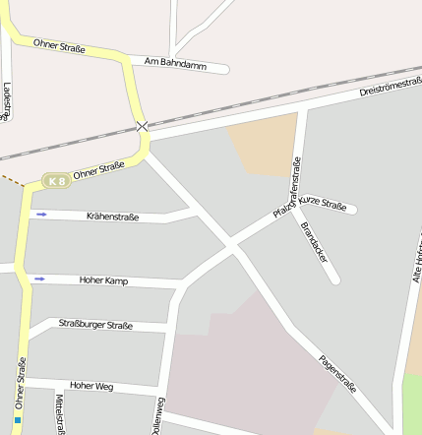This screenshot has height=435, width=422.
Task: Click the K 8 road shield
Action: click(58, 181)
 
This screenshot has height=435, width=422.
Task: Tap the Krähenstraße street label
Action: click(112, 217)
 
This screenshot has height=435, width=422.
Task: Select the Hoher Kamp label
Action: click(104, 280)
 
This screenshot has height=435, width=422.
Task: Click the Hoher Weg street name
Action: click(91, 387)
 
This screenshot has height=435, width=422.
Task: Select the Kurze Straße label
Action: click(325, 204)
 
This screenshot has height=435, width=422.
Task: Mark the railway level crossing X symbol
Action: click(144, 126)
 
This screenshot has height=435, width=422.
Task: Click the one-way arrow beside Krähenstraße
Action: click(41, 214)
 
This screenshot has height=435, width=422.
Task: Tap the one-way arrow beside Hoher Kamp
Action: click(39, 279)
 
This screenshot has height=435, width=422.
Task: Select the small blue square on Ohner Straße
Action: click(18, 420)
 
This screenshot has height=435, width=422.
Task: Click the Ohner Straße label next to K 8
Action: click(98, 171)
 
